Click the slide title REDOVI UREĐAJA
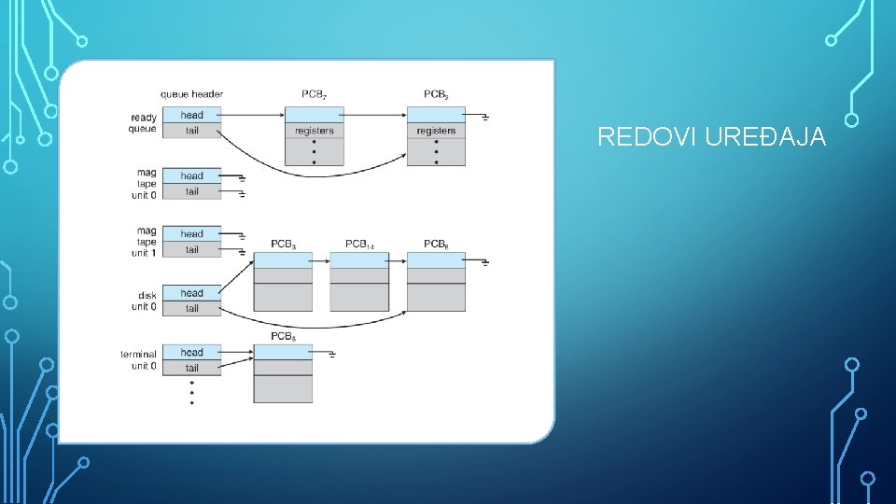711,136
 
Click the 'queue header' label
191,94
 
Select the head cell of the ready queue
191,115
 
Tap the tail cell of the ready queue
191,131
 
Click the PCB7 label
315,94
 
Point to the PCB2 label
436,94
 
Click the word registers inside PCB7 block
315,131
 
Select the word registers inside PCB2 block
436,131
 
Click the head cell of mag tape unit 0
191,175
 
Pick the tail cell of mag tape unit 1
191,250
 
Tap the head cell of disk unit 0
191,292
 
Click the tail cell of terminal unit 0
191,368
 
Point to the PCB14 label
359,245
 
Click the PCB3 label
284,245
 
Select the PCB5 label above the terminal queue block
284,337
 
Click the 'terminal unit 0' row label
138,360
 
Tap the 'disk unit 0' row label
144,301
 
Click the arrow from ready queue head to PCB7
251,115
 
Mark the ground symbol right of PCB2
485,118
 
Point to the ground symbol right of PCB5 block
332,355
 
